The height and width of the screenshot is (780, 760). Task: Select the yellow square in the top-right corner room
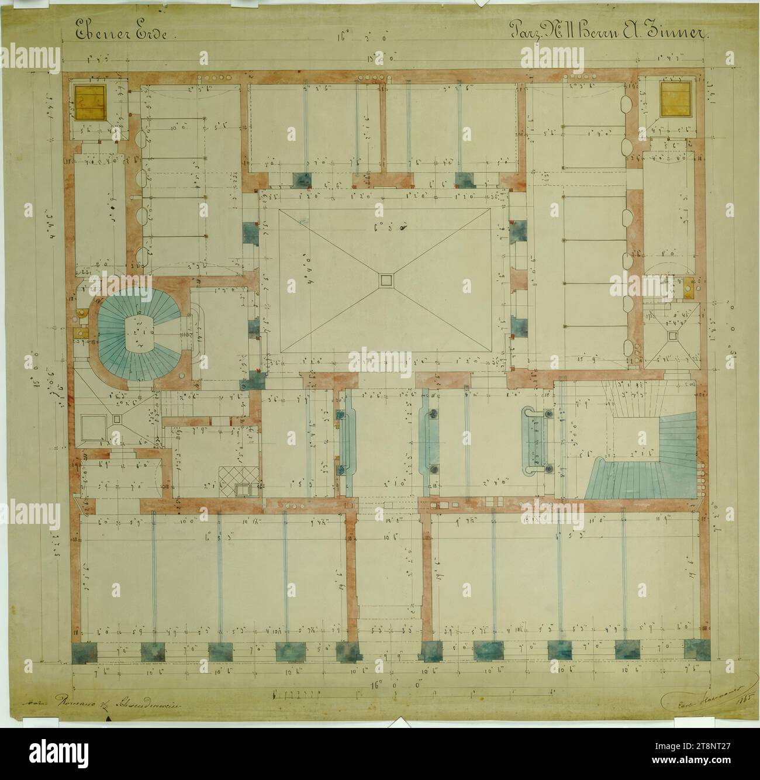pos(675,97)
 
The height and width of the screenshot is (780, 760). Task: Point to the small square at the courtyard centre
pos(385,281)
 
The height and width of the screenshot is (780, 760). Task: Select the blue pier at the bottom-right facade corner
pos(696,650)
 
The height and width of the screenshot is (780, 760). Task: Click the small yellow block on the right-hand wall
pos(683,288)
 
